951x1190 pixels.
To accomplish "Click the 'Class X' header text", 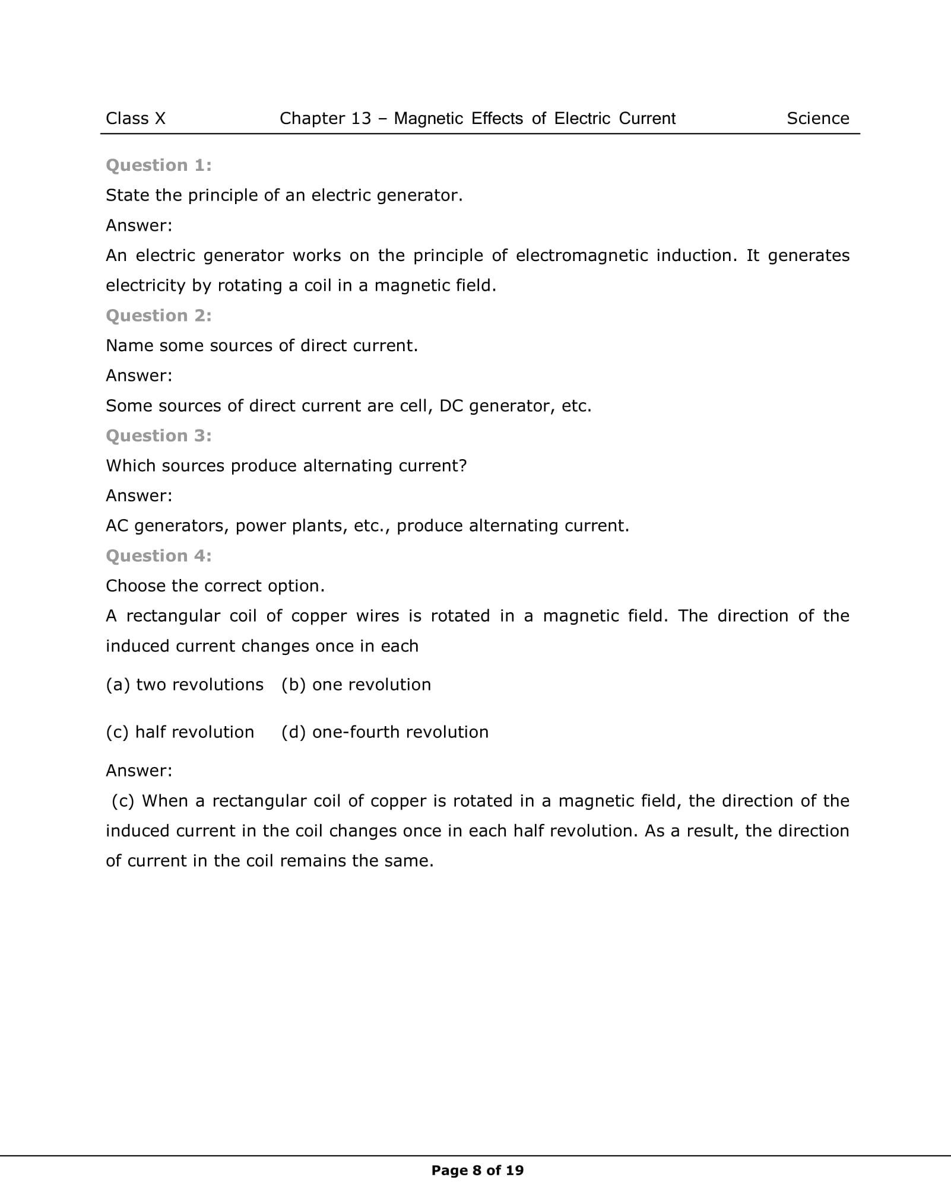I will click(135, 119).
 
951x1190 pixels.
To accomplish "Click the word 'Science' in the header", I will click(817, 119).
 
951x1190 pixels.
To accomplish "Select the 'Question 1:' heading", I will click(158, 166).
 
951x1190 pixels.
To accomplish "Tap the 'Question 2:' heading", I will click(158, 316).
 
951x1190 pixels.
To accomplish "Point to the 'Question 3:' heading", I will click(158, 436).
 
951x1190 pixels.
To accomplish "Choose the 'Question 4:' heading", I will click(158, 556).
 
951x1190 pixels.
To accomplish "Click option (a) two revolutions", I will click(185, 685).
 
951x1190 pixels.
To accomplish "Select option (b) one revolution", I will click(356, 685).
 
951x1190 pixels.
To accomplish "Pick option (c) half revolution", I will click(180, 732).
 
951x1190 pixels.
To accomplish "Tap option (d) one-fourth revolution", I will click(385, 732).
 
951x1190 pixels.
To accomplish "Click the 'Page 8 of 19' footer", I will click(477, 1170).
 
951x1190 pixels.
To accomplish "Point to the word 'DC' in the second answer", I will click(451, 406).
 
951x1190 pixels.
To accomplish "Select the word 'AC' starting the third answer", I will click(117, 526).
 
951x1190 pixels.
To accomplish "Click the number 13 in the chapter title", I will click(360, 119).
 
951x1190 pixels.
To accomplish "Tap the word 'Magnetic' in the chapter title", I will click(428, 119).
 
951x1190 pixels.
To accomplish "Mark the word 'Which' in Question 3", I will click(131, 466).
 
